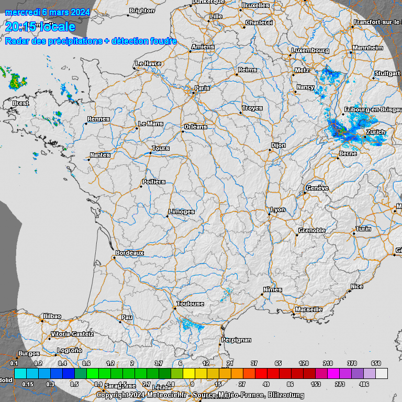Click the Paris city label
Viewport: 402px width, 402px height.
click(202, 88)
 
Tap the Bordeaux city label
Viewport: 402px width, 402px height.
click(129, 253)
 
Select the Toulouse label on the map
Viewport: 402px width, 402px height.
click(190, 304)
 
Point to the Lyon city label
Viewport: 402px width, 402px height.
click(277, 209)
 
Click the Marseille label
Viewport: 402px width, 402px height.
click(308, 309)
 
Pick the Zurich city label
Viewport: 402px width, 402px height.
click(376, 132)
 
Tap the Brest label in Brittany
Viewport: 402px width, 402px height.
click(20, 103)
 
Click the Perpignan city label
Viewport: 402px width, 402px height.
click(236, 340)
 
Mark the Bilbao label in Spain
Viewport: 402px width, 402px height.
click(52, 316)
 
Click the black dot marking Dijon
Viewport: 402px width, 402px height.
click(270, 150)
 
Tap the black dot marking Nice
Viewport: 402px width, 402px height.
click(350, 291)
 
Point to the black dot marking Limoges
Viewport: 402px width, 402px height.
click(167, 216)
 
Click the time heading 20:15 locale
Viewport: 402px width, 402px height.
click(40, 26)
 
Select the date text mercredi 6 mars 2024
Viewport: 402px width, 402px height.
click(48, 12)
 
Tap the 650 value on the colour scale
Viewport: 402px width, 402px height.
click(376, 363)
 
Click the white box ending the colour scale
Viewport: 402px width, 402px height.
click(382, 373)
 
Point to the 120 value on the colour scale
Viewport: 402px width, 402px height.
click(303, 363)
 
